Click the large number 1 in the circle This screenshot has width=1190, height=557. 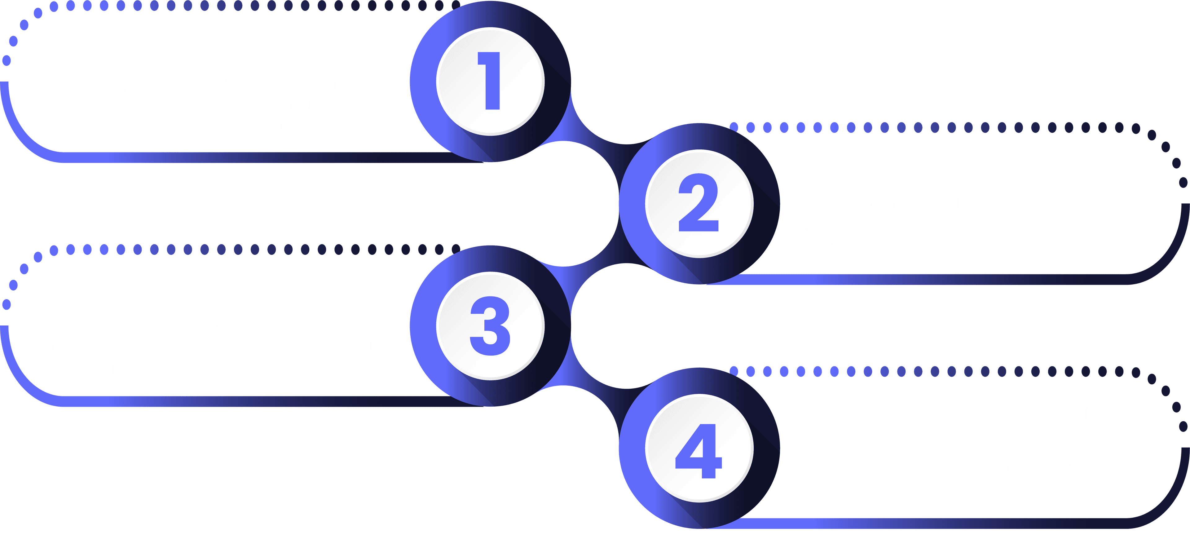[x=491, y=81]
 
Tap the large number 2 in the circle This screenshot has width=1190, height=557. [x=699, y=203]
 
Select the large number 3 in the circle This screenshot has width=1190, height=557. [x=490, y=326]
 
